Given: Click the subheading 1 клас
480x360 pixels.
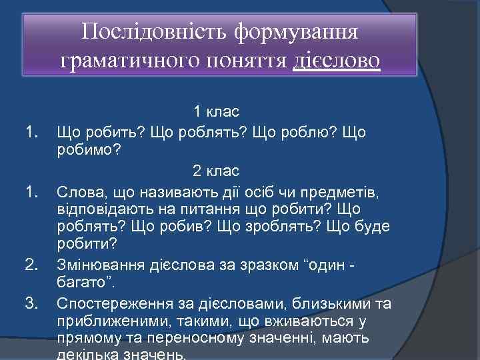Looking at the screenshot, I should click(217, 111).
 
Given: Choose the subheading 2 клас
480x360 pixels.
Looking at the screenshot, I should click(216, 170).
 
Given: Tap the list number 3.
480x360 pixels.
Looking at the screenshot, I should click(31, 304).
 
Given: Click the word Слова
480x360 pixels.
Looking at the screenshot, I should click(79, 193).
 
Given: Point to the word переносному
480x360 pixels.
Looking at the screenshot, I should click(206, 339).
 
